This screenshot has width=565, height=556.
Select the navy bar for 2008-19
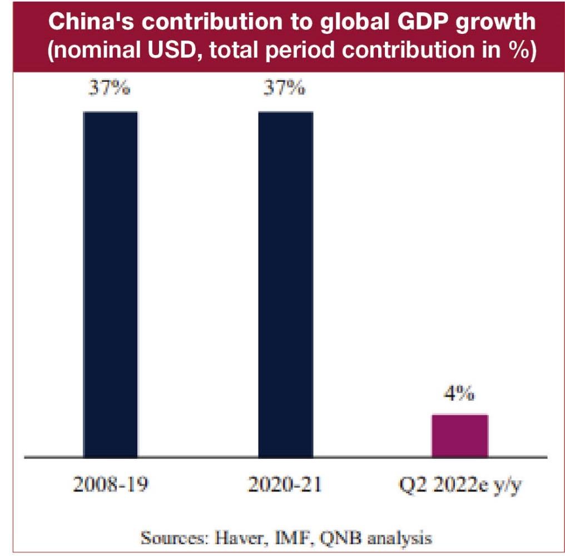[x=110, y=284]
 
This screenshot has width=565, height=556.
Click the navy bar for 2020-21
[x=285, y=284]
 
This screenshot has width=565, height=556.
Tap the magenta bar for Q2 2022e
[x=460, y=435]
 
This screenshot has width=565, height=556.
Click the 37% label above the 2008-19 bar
[x=111, y=88]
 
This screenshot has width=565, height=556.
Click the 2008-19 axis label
[x=111, y=485]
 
